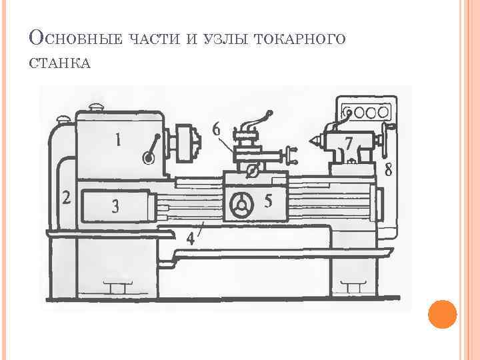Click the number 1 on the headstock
pos(118,140)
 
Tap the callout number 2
pos(66,197)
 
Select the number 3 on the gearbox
pos(115,207)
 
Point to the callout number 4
pos(191,239)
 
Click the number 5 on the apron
pos(268,201)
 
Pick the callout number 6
pos(217,129)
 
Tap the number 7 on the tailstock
pos(349,143)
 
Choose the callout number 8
pos(389,169)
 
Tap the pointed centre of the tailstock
pos(311,143)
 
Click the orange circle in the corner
pos(442,315)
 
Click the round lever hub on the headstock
pos(148,158)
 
